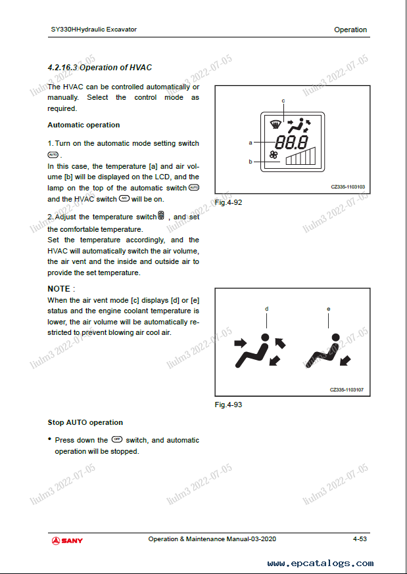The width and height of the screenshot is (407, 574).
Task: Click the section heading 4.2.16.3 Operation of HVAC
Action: tap(100, 67)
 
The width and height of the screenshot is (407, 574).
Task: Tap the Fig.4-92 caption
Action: tap(228, 202)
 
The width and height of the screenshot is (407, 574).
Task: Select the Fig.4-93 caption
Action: tap(228, 405)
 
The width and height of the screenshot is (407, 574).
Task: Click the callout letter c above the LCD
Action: tap(283, 100)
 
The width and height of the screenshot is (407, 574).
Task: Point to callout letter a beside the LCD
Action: tap(251, 142)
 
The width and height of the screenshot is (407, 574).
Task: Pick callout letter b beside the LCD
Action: tap(251, 161)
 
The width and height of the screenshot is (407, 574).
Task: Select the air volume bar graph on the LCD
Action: tap(301, 156)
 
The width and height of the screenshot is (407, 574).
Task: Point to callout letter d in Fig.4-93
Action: tap(266, 309)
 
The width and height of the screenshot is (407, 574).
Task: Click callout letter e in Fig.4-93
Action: tap(329, 309)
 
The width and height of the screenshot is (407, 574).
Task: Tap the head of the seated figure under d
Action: tap(264, 339)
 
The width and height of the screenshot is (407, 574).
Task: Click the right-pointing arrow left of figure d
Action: tap(241, 343)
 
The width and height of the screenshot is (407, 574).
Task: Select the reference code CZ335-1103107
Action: tap(347, 390)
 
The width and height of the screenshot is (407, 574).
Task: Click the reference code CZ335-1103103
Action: tap(348, 187)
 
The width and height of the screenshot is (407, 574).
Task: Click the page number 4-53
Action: tap(360, 539)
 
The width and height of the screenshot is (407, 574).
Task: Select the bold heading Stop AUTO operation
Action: tap(85, 422)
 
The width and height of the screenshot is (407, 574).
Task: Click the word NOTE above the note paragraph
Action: tap(59, 289)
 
